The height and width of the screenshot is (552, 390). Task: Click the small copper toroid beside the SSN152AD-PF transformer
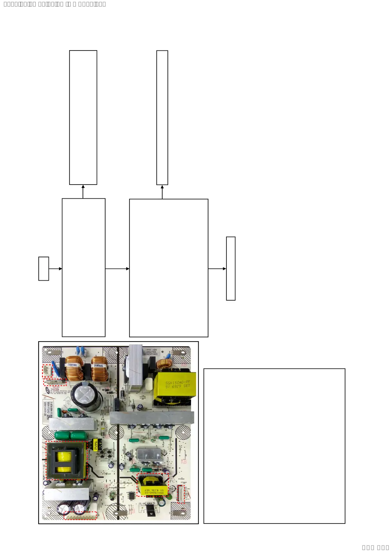pos(164,364)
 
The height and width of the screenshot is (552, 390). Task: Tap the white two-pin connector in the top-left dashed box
pos(48,371)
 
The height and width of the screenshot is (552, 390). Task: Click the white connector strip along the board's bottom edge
pos(80,515)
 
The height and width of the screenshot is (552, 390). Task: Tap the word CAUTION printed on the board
pos(55,389)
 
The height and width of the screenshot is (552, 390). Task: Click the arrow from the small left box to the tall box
pos(55,269)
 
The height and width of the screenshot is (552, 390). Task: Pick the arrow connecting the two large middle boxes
pos(117,269)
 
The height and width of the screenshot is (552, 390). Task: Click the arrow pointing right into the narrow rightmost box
pos(217,269)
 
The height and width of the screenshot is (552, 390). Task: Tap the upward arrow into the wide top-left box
pos(83,191)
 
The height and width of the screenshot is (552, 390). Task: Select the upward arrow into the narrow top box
pos(162,192)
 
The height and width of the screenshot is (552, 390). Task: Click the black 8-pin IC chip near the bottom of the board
pos(131,495)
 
